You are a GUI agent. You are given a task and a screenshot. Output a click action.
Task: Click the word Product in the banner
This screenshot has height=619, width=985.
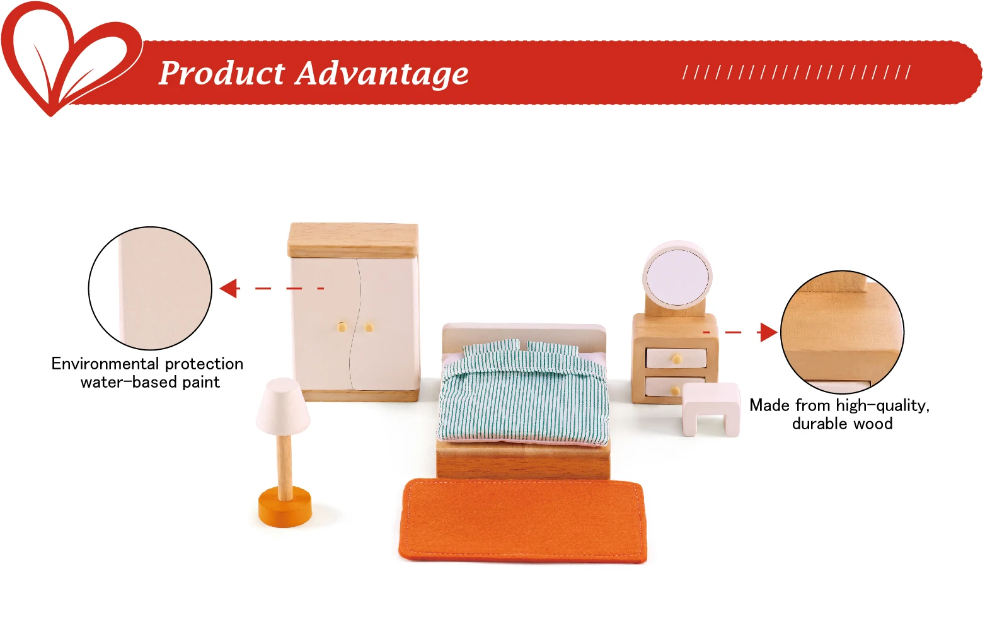(x=221, y=73)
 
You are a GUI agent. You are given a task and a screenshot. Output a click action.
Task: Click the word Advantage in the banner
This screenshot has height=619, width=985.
(x=382, y=74)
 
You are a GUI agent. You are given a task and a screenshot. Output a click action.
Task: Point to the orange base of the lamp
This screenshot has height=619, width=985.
(x=285, y=507)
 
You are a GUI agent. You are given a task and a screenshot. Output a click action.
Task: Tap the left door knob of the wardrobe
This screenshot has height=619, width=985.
(x=342, y=327)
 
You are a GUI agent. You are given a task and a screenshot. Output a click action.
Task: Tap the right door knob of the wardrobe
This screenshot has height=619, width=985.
(x=369, y=327)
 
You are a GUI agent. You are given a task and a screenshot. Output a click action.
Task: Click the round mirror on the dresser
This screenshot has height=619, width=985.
(x=676, y=276)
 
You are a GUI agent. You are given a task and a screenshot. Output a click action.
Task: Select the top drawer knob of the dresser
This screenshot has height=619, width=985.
(x=676, y=359)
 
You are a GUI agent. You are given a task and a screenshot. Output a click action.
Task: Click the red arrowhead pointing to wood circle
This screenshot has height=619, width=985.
(x=768, y=332)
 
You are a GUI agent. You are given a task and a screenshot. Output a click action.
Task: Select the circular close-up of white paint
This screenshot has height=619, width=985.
(x=150, y=288)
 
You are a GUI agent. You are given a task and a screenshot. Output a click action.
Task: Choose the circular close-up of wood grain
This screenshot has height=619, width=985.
(x=842, y=332)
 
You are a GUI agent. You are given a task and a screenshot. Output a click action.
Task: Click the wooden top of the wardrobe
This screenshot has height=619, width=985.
(x=353, y=240)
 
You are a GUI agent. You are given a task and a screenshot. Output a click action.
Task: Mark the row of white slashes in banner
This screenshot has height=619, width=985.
(x=797, y=72)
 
